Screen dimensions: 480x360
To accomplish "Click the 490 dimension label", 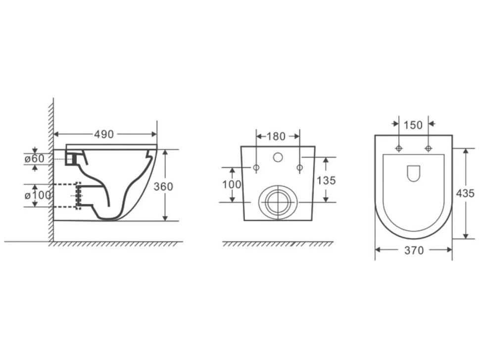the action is pyautogui.click(x=104, y=135).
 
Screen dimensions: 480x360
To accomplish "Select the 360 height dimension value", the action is pyautogui.click(x=163, y=186).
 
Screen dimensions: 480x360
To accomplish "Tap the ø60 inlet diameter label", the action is pyautogui.click(x=35, y=158).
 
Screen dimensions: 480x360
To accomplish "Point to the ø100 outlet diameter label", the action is pyautogui.click(x=38, y=195).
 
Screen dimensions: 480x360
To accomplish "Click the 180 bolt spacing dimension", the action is pyautogui.click(x=276, y=136).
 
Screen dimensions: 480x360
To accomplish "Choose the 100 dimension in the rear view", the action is pyautogui.click(x=232, y=184).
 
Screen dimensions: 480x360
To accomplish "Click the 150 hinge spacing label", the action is pyautogui.click(x=413, y=125).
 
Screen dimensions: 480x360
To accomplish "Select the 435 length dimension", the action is pyautogui.click(x=465, y=193).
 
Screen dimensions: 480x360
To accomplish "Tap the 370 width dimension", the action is pyautogui.click(x=414, y=251).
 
